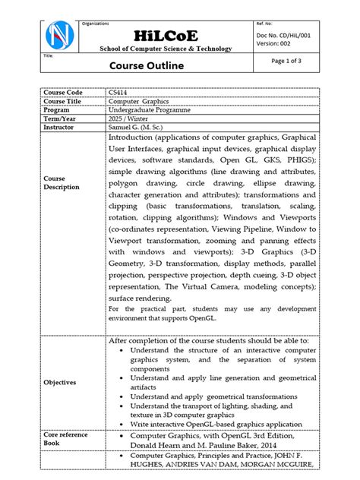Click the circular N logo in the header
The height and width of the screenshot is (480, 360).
(60, 36)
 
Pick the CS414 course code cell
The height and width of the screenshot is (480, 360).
(118, 93)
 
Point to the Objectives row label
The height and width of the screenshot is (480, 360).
(60, 382)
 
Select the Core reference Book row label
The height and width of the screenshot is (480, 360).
(65, 438)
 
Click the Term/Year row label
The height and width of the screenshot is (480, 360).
(61, 120)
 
